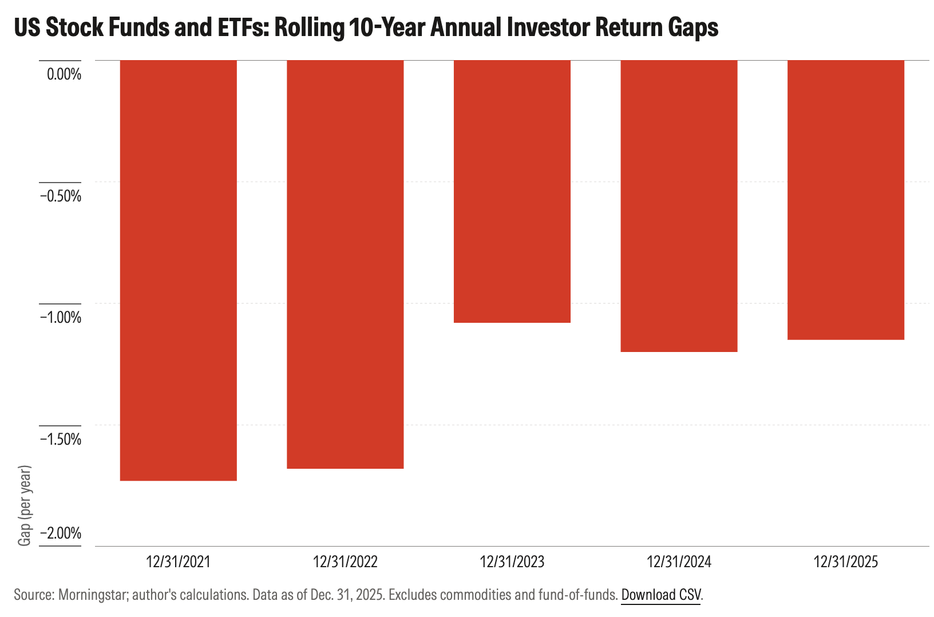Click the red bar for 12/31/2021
(x=179, y=270)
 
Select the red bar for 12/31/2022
(x=345, y=264)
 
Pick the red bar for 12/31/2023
(x=512, y=191)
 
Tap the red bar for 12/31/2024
(x=679, y=206)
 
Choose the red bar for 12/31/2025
(x=846, y=200)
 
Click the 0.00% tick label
(x=64, y=74)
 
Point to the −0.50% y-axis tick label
(x=61, y=196)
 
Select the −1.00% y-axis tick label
(x=61, y=318)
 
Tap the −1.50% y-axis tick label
(x=61, y=439)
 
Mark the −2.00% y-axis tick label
(x=61, y=533)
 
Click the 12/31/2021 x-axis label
(x=178, y=562)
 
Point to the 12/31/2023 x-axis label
(x=512, y=562)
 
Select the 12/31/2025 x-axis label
(x=846, y=562)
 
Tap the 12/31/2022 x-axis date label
(x=345, y=562)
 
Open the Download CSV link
(x=661, y=595)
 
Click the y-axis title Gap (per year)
(x=25, y=505)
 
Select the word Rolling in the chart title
(x=310, y=28)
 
